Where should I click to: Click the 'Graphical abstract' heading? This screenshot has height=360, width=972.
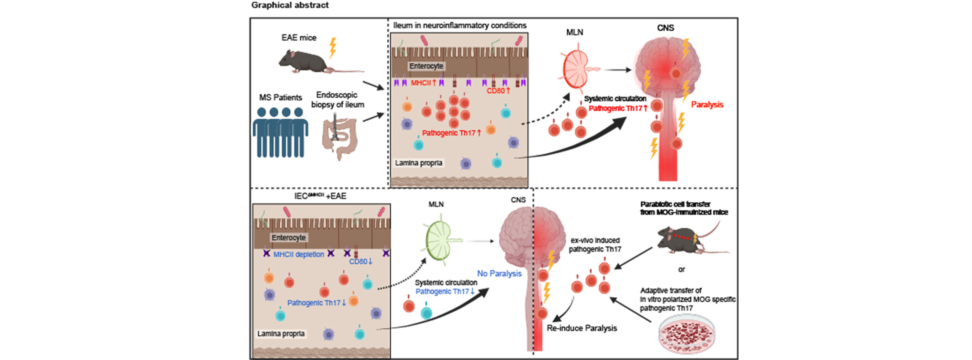pyautogui.click(x=290, y=5)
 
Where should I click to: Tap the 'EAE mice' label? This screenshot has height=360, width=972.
pyautogui.click(x=299, y=38)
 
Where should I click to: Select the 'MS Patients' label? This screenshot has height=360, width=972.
pyautogui.click(x=280, y=97)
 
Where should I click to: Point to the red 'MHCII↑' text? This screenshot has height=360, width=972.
pyautogui.click(x=423, y=83)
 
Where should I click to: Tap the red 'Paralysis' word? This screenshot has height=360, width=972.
pyautogui.click(x=707, y=105)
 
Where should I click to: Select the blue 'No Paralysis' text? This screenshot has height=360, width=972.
pyautogui.click(x=499, y=273)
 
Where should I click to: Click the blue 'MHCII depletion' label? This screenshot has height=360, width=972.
pyautogui.click(x=299, y=254)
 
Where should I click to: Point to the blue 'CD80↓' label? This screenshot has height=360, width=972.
pyautogui.click(x=361, y=261)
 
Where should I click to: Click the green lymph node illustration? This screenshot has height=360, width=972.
pyautogui.click(x=440, y=240)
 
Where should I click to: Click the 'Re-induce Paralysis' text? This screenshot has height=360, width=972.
pyautogui.click(x=581, y=328)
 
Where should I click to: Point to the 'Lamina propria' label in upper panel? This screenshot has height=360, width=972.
pyautogui.click(x=418, y=163)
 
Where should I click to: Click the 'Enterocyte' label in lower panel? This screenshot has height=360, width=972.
pyautogui.click(x=289, y=237)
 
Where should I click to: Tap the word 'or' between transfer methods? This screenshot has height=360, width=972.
pyautogui.click(x=681, y=269)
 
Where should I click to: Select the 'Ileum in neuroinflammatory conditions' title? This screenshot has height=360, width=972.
pyautogui.click(x=460, y=25)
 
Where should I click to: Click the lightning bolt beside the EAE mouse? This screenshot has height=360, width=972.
pyautogui.click(x=332, y=48)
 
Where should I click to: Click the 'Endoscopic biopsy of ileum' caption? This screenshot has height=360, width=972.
pyautogui.click(x=337, y=100)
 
